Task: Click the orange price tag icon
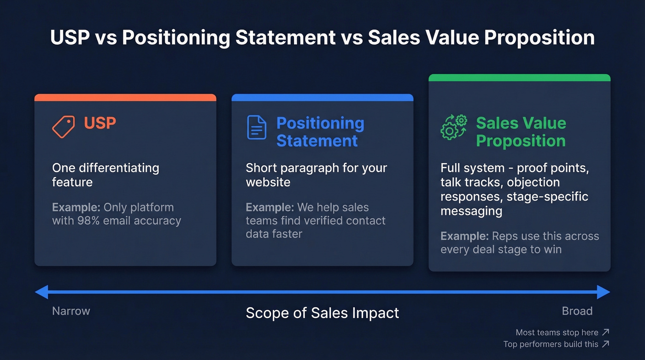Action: (x=64, y=126)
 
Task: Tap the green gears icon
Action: (x=453, y=127)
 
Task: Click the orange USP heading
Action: (x=100, y=123)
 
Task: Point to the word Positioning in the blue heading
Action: (x=320, y=123)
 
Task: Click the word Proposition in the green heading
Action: (x=521, y=141)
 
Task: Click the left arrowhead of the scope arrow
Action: (x=42, y=292)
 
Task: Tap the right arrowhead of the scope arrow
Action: (x=604, y=292)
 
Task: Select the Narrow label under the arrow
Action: (x=71, y=311)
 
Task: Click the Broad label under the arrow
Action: (x=577, y=311)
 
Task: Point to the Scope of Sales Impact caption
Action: (x=322, y=313)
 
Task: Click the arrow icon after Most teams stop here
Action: (x=606, y=332)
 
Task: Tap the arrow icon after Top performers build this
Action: (x=606, y=344)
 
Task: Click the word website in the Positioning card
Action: (x=268, y=182)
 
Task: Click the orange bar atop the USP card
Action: (x=125, y=97)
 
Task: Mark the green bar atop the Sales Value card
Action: (x=519, y=77)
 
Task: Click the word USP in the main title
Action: (x=70, y=38)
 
